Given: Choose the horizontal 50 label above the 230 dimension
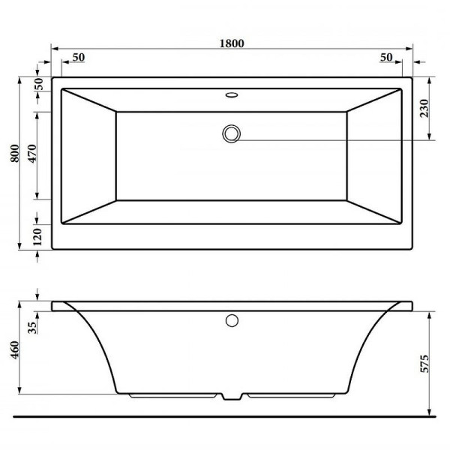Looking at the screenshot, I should [386, 58].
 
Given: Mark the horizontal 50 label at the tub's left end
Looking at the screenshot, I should [79, 58].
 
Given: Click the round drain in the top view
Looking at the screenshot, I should [232, 133].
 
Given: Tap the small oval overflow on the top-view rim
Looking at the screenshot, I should [232, 95].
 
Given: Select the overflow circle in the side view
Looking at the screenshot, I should [232, 321].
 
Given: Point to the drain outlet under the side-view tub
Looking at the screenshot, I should [232, 396].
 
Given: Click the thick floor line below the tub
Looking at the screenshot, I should [225, 415].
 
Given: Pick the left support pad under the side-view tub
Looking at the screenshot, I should [176, 394].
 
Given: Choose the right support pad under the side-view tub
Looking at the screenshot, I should [289, 394].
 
